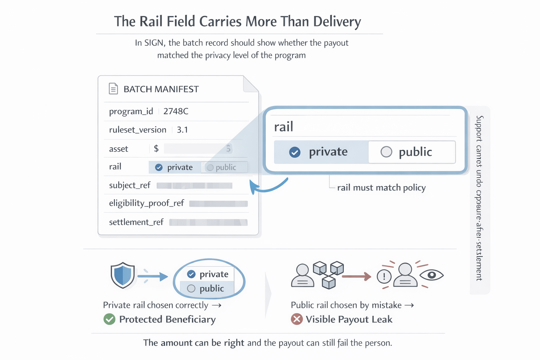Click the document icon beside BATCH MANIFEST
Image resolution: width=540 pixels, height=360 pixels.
click(113, 89)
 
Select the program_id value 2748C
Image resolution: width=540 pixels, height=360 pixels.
click(176, 111)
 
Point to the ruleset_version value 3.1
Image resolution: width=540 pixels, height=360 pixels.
click(182, 130)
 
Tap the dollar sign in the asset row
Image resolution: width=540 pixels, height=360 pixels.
click(156, 149)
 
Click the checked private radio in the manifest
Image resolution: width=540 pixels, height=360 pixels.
click(159, 167)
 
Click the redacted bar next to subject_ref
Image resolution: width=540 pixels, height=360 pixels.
click(194, 186)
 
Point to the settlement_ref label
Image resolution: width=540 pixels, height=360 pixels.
click(136, 222)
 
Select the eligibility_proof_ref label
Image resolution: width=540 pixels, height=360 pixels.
click(146, 203)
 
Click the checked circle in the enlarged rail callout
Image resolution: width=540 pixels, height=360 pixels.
click(295, 152)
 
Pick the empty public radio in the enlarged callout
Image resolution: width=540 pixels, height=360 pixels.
click(386, 152)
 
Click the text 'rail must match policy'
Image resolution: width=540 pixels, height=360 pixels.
click(381, 188)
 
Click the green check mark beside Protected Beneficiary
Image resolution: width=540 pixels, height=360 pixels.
click(109, 319)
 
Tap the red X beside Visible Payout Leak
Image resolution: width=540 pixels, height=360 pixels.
click(297, 319)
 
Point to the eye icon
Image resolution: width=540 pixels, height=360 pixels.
click(432, 275)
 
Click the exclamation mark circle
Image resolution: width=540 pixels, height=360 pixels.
click(384, 276)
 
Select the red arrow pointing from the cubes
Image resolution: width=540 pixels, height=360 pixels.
click(356, 276)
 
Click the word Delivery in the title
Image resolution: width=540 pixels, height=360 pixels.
click(337, 22)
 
